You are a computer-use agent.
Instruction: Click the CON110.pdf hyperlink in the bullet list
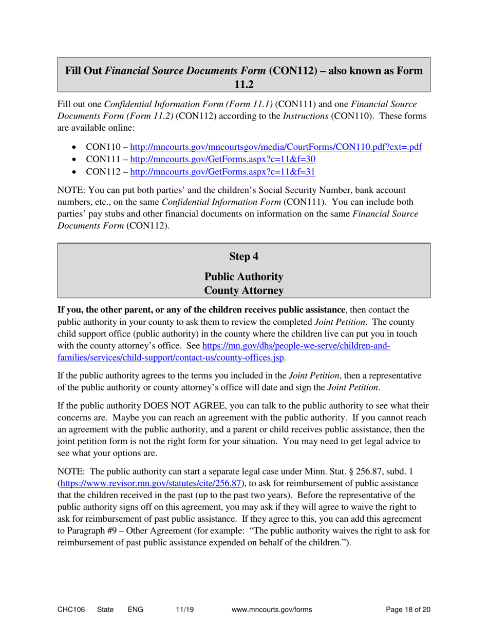click(x=276, y=147)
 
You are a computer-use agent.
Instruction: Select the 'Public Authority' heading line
click(x=244, y=277)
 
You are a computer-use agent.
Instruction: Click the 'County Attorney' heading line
click(x=244, y=291)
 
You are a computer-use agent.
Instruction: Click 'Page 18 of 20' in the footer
click(x=408, y=609)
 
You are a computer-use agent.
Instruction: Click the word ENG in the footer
click(x=136, y=609)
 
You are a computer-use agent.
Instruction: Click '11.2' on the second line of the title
click(x=244, y=84)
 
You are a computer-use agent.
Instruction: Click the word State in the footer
click(x=105, y=609)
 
